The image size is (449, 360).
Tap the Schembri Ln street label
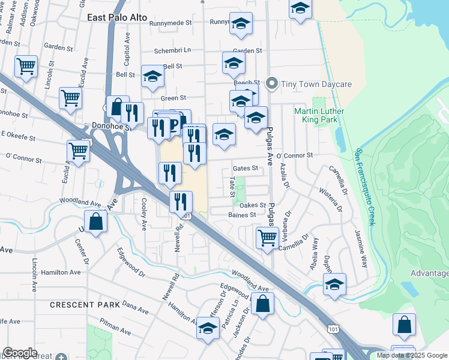(172, 51)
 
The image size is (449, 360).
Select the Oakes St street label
(253, 205)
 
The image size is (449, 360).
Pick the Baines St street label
(242, 214)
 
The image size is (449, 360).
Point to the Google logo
(20, 353)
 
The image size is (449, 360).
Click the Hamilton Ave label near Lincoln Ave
(59, 272)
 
